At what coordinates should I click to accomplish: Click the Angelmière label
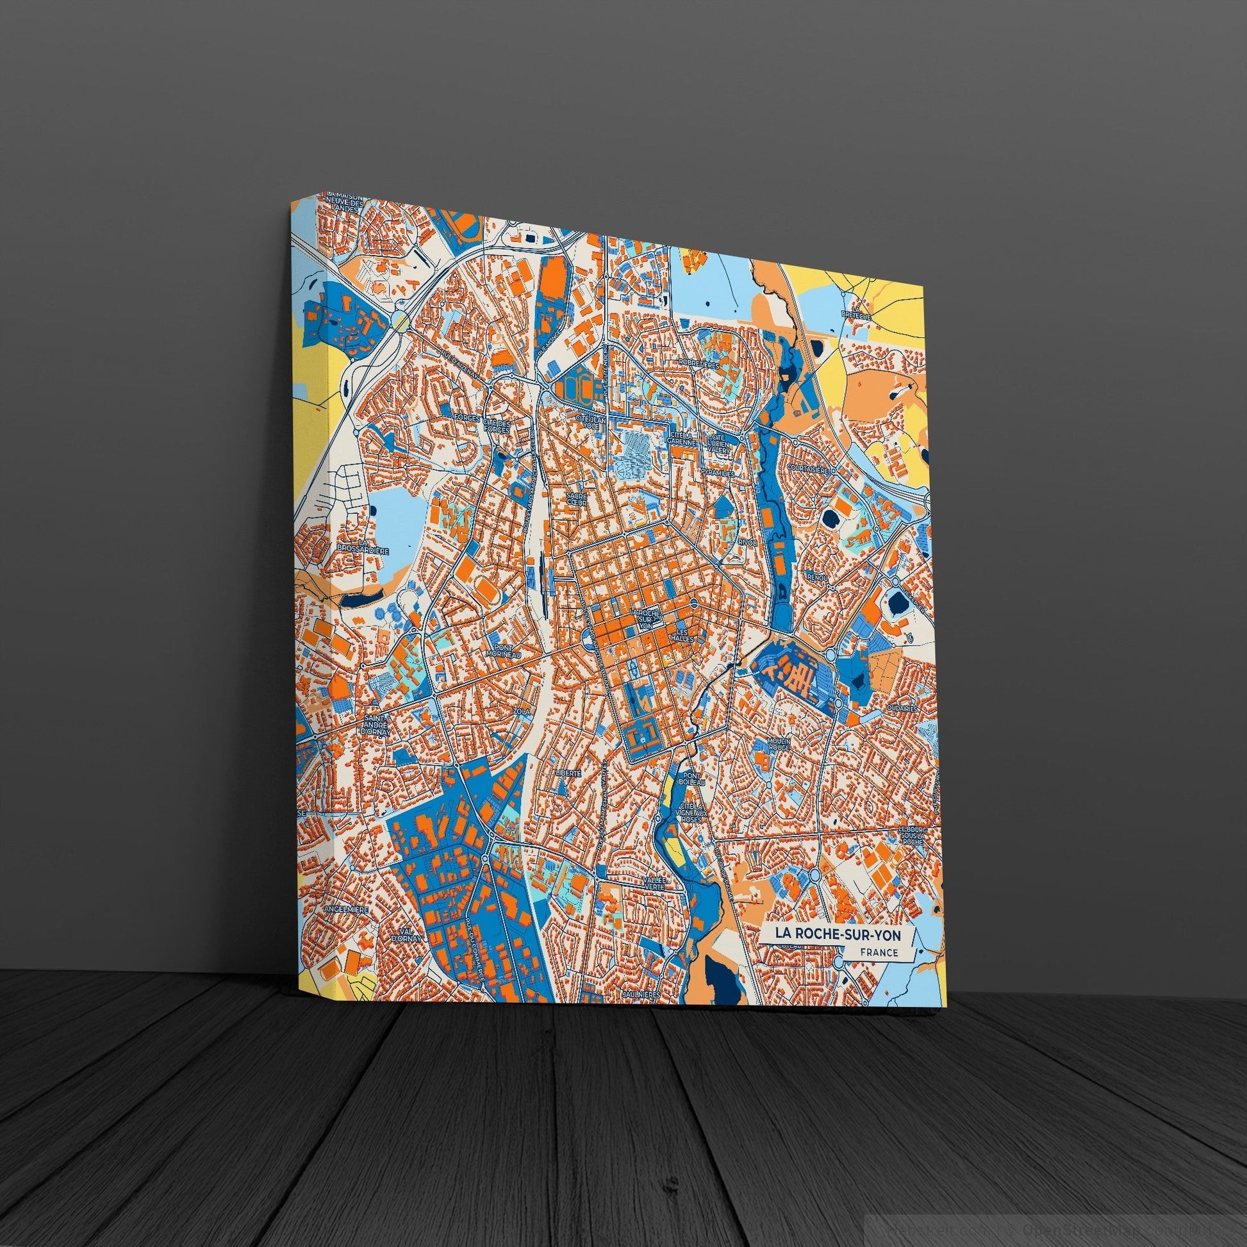(347, 909)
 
